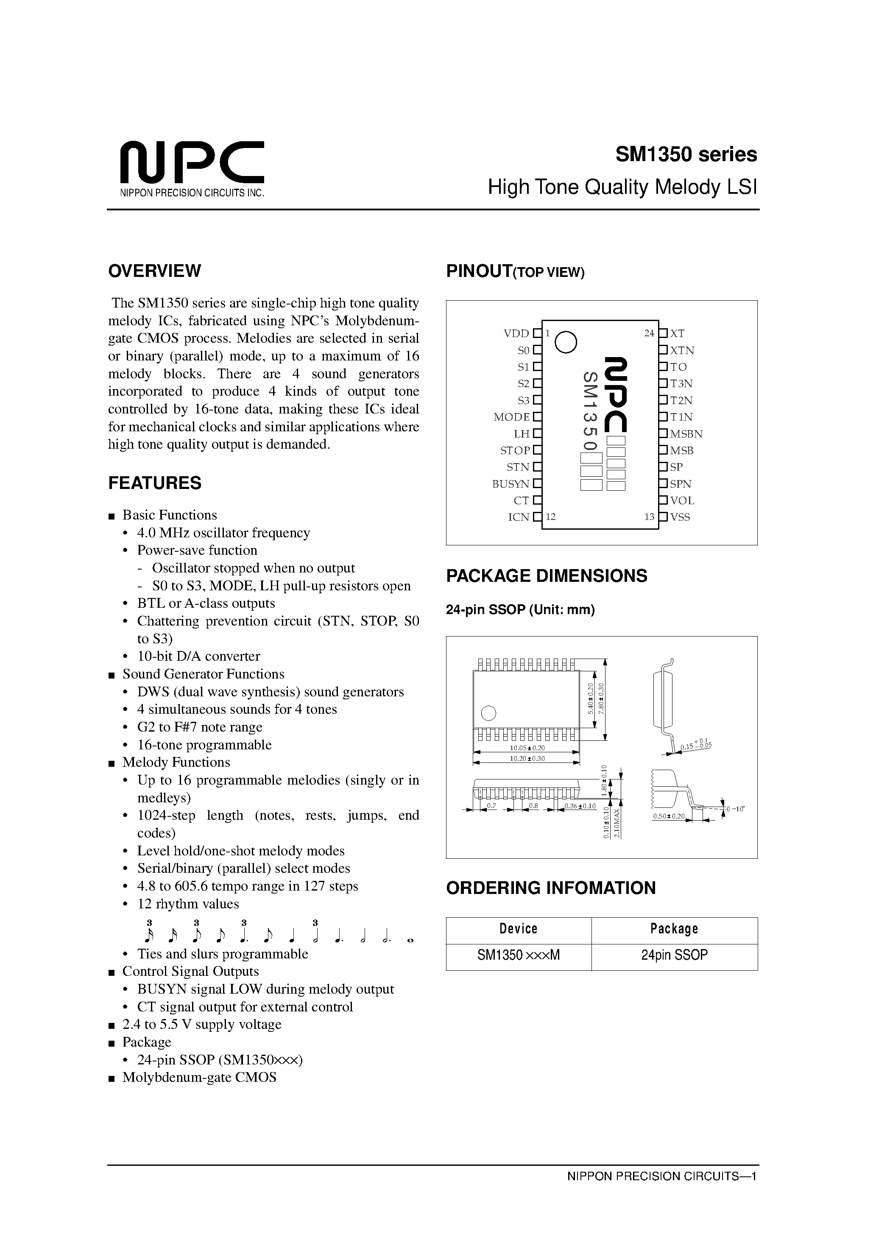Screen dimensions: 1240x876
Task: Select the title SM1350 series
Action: coord(686,155)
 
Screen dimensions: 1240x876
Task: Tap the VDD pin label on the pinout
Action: coord(516,334)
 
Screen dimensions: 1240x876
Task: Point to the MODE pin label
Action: coord(511,417)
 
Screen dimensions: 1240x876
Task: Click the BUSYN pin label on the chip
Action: coord(511,484)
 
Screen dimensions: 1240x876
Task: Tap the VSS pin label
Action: coord(680,517)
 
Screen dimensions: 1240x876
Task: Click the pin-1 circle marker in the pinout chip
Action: coord(566,341)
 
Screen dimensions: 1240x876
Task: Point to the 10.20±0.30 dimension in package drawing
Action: coord(527,758)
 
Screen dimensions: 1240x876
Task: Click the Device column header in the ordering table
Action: coord(518,929)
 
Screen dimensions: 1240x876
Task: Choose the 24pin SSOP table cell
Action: coord(674,955)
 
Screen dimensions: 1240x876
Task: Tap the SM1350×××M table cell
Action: coord(518,955)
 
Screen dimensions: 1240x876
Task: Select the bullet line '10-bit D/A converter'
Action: coord(198,656)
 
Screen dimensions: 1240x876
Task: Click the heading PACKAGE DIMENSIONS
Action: coord(546,576)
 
